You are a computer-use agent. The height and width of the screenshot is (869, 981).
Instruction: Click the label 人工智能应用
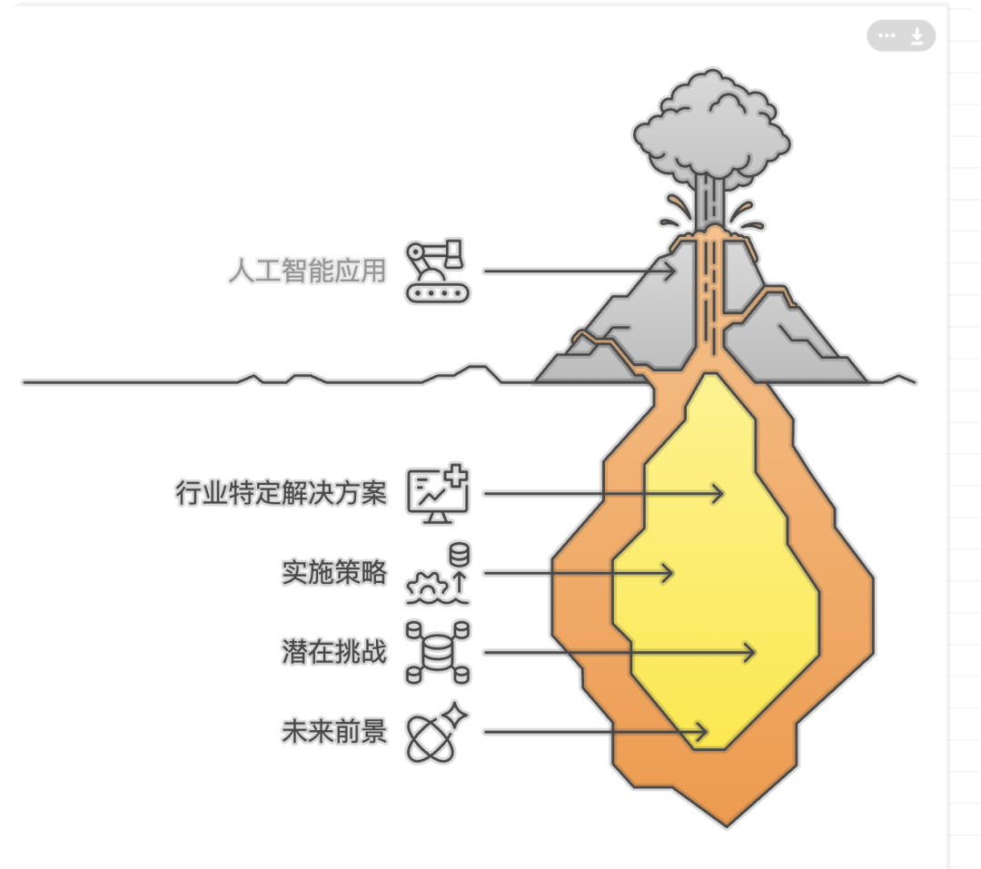307,271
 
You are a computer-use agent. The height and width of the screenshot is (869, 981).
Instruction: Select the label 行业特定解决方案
281,494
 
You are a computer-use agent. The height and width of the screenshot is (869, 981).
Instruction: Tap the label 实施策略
334,573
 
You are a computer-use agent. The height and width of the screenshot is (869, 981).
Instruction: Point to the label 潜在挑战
334,652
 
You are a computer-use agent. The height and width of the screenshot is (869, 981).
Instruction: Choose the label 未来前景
334,732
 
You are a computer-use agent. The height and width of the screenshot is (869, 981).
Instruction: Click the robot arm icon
437,271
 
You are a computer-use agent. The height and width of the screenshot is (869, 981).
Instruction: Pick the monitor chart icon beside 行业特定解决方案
437,495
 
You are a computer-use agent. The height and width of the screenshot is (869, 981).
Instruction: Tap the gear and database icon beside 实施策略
440,573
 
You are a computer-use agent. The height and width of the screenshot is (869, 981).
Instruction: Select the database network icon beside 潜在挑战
437,652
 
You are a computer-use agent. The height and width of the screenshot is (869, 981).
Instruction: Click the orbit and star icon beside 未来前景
437,732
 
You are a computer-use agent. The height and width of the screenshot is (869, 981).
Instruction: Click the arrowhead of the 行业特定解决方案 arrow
720,494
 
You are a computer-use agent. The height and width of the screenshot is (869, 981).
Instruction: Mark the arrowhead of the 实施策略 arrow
669,573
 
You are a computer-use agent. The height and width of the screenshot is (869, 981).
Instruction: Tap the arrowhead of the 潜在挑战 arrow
751,652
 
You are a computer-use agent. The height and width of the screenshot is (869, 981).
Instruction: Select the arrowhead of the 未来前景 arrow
703,732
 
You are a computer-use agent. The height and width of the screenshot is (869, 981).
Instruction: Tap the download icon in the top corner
917,36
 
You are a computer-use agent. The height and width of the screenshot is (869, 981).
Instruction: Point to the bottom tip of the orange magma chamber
726,823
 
